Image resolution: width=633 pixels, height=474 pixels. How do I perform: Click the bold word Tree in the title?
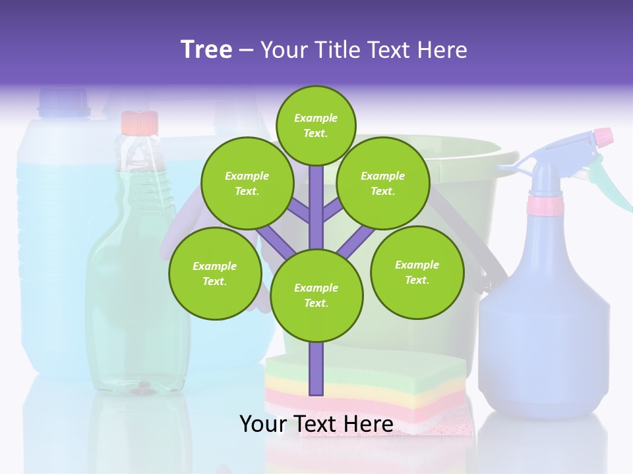(206, 49)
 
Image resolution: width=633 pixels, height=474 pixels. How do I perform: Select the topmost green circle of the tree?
(316, 125)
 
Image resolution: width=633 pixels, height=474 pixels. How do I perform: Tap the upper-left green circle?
(247, 183)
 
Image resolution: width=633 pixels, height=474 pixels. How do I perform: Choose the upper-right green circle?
(383, 183)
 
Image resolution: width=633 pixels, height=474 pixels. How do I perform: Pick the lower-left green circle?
(215, 273)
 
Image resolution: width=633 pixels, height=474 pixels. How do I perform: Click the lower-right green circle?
(417, 272)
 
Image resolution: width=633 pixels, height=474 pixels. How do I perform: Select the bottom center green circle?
(316, 295)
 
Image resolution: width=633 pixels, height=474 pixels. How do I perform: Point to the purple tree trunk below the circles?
(316, 369)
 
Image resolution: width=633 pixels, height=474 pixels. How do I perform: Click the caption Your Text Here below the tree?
(316, 424)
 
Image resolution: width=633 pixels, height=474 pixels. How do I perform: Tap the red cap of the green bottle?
(140, 122)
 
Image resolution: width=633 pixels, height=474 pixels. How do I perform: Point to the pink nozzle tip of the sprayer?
(603, 137)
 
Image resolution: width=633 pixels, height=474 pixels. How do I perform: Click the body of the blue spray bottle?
(544, 329)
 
